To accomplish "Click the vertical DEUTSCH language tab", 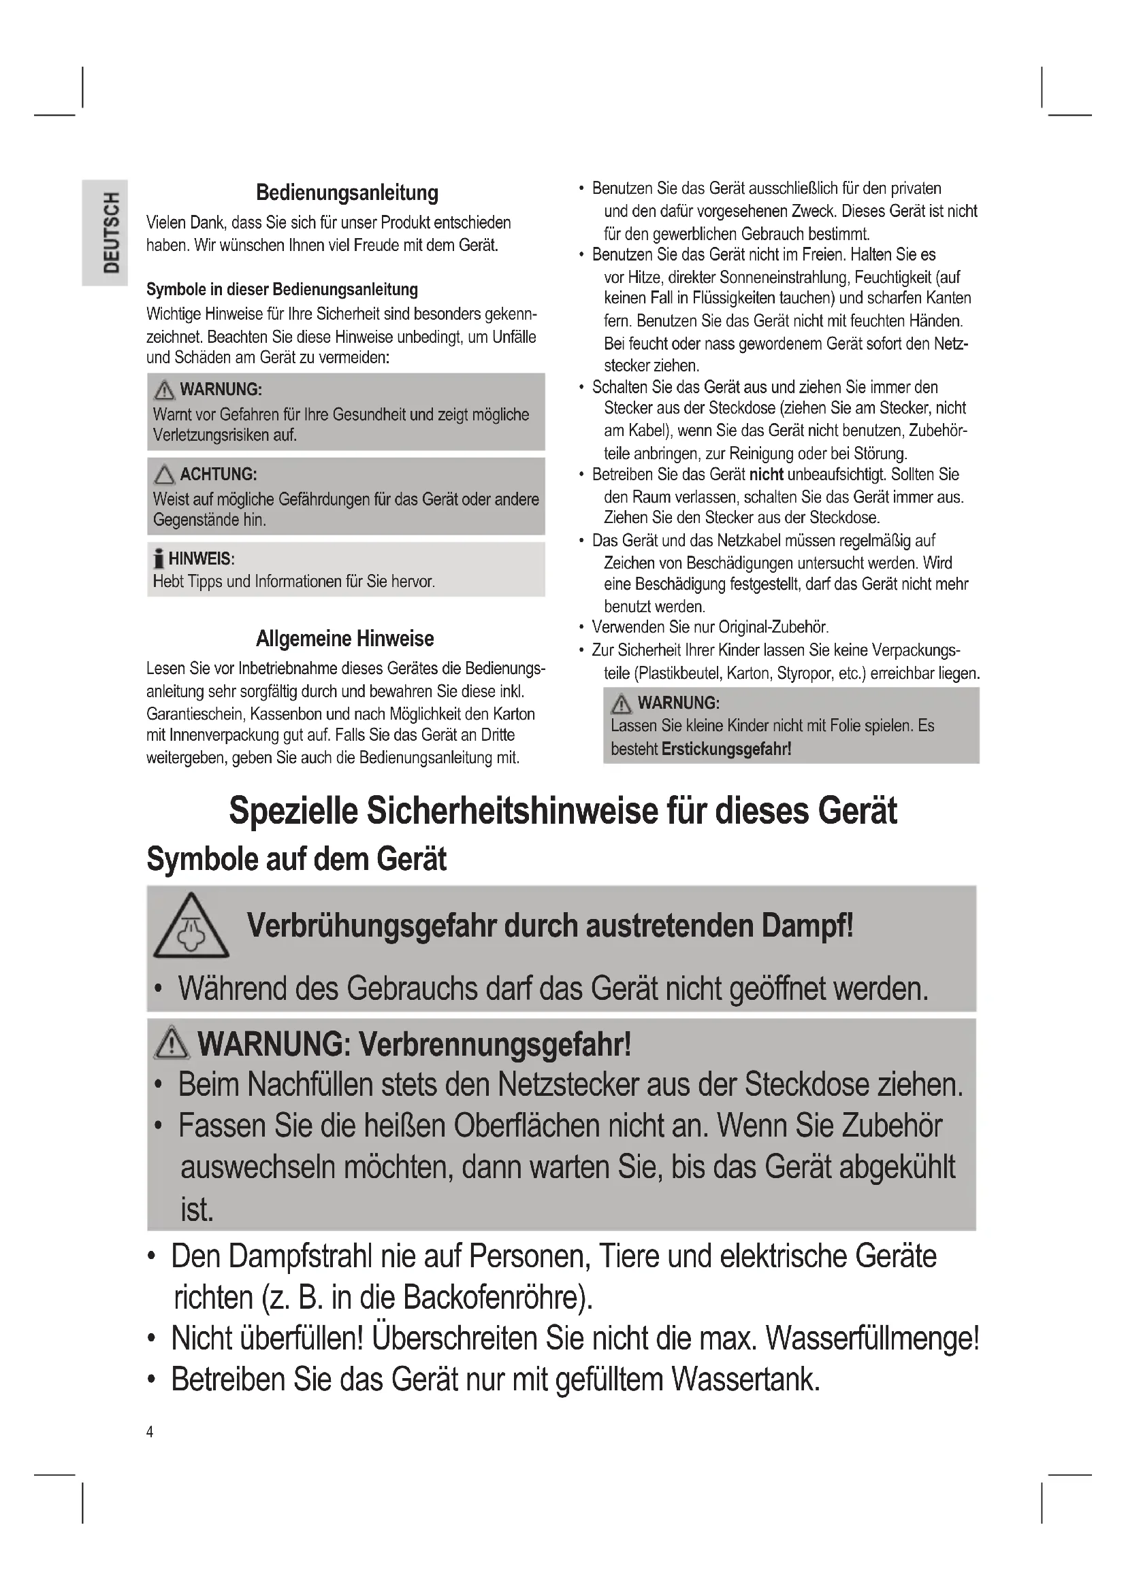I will pyautogui.click(x=111, y=232).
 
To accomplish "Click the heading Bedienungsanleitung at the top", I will pyautogui.click(x=347, y=192).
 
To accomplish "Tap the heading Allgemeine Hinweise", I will pyautogui.click(x=344, y=638).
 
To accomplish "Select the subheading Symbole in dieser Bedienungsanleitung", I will pyautogui.click(x=282, y=289).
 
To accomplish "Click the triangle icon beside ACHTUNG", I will pyautogui.click(x=164, y=475).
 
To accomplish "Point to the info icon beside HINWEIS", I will pyautogui.click(x=159, y=558).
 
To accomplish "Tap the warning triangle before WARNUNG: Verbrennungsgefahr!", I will pyautogui.click(x=172, y=1044).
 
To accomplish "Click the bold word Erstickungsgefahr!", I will pyautogui.click(x=726, y=749).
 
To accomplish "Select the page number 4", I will pyautogui.click(x=150, y=1432).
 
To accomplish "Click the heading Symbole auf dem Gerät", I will pyautogui.click(x=296, y=859).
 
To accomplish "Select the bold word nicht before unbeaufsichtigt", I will pyautogui.click(x=766, y=475).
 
